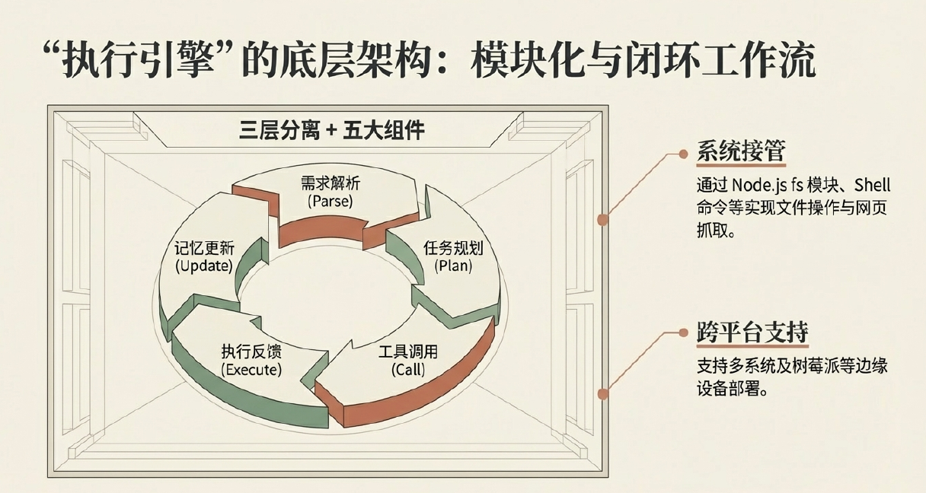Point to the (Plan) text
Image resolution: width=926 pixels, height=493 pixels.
coord(453,266)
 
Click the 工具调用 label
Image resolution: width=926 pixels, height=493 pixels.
coord(408,352)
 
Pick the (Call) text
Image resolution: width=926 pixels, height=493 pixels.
coord(408,370)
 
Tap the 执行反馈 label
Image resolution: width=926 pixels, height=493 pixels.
coord(251,352)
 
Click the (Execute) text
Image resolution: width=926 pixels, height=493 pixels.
coord(251,370)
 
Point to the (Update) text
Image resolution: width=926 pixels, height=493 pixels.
coord(203,266)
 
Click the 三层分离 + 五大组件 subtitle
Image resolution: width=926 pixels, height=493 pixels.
coord(332,130)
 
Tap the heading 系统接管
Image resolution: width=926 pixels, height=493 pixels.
coord(741,151)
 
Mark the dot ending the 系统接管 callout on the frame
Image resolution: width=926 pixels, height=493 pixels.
coord(602,221)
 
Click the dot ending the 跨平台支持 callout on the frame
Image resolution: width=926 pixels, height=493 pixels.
coord(602,394)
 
